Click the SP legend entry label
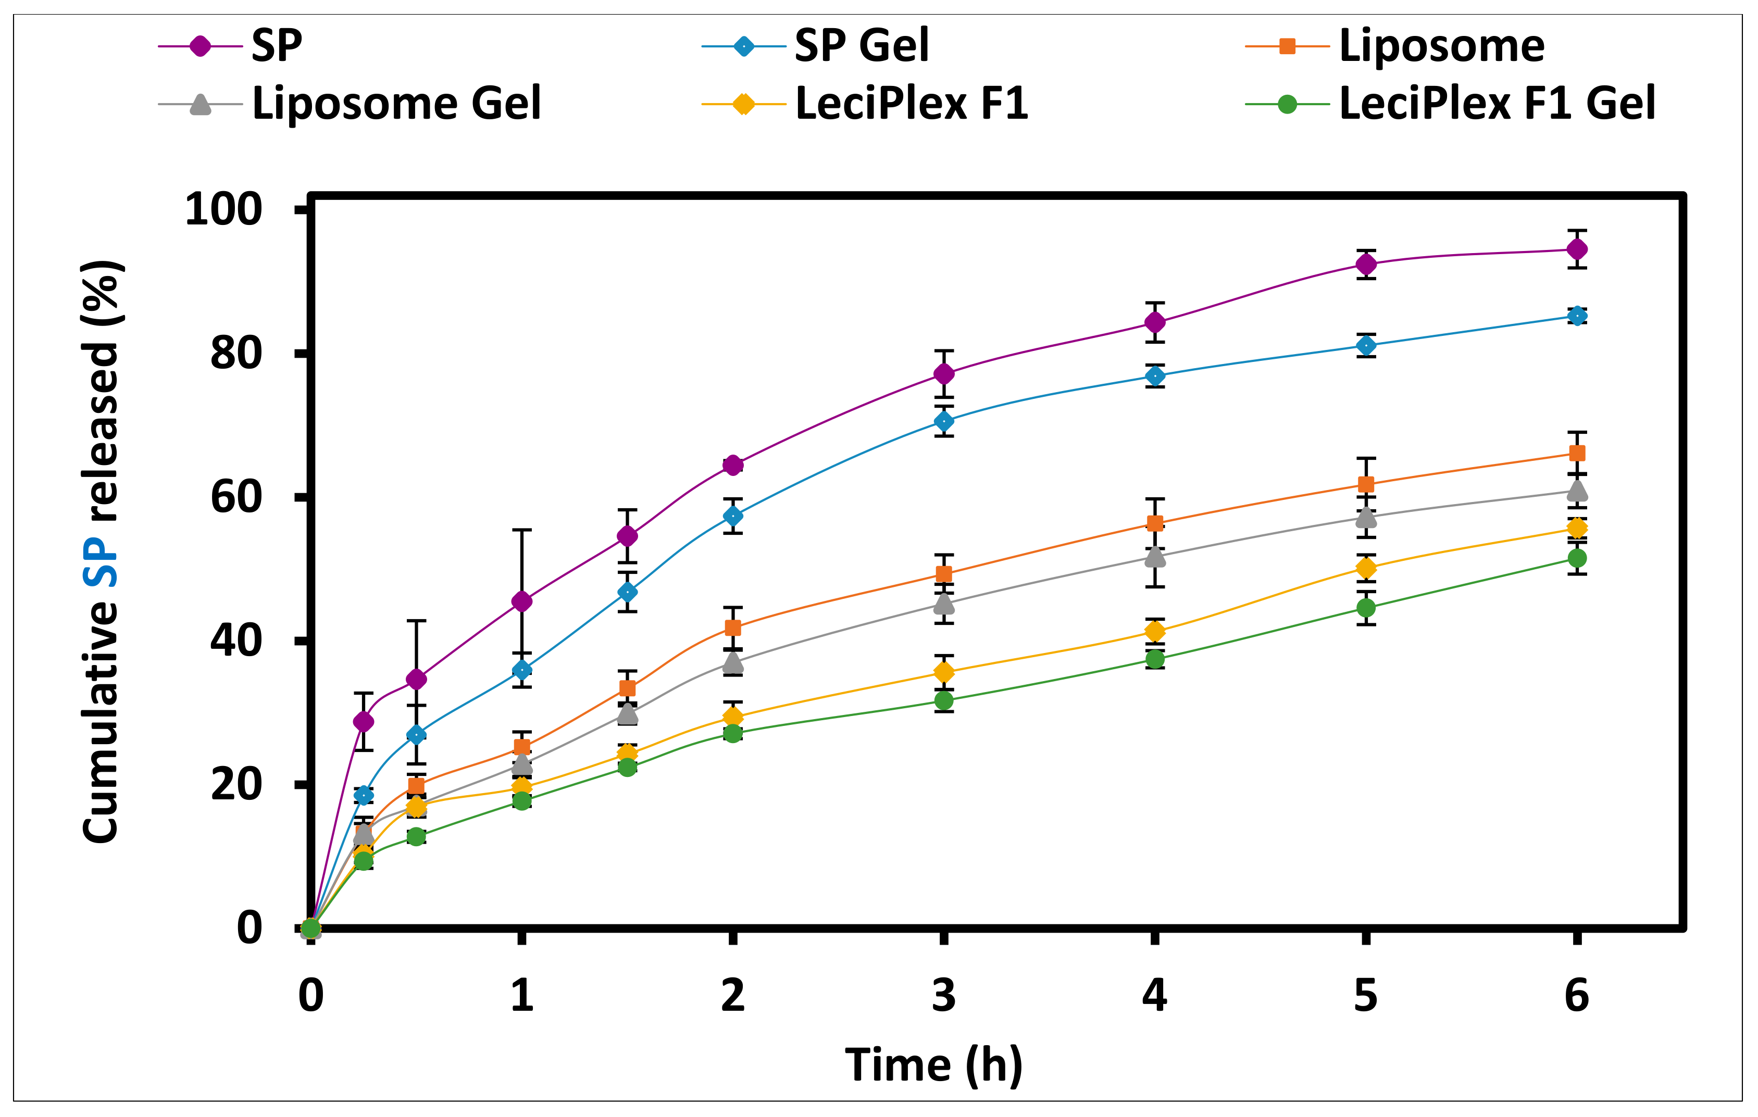276,46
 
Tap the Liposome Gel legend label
396,103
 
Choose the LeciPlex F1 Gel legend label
1497,103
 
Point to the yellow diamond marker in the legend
743,104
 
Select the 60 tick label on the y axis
235,498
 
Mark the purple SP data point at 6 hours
1576,249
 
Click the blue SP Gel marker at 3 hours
943,422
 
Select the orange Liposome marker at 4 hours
1154,523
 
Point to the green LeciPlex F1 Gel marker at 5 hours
1365,608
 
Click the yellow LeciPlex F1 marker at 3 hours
943,672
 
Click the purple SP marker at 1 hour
521,601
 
